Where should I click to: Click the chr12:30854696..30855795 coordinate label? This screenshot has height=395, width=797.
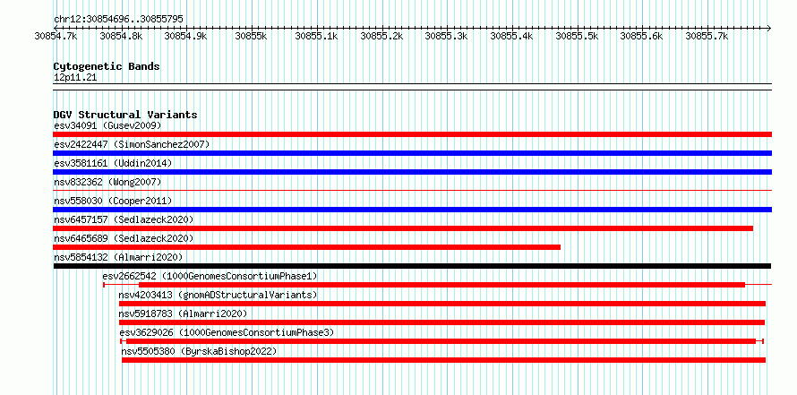pos(118,20)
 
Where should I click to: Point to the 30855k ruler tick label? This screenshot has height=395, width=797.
pos(252,36)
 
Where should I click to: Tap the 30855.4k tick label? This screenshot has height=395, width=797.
pos(511,36)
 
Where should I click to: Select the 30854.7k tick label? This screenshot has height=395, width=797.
pos(56,36)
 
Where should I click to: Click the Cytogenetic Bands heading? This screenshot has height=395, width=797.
pos(107,66)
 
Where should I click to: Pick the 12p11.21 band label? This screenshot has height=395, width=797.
pos(75,78)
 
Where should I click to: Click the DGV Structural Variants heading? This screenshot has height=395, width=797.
pos(125,115)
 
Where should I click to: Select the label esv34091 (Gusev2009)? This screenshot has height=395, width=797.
pos(107,125)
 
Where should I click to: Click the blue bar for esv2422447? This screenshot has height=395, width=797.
pos(412,153)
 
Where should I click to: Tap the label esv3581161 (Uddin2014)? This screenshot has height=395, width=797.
pos(113,163)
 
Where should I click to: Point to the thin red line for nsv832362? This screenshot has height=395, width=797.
pos(412,190)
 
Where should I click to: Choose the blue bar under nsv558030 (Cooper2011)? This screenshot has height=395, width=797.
pos(412,210)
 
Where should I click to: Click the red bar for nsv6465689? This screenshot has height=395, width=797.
pos(306,247)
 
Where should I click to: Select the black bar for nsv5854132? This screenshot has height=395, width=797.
pos(412,266)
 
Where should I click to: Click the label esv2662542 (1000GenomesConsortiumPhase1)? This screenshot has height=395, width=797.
pos(210,276)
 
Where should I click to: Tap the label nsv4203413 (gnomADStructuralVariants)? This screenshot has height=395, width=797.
pos(218,295)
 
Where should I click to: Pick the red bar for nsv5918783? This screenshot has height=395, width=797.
pos(441,322)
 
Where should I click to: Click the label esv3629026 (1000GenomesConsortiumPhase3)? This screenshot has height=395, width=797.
pos(227,332)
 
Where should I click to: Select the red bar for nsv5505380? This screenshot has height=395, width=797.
pos(444,360)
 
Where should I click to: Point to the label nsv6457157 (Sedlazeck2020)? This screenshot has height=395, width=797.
pos(124,219)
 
